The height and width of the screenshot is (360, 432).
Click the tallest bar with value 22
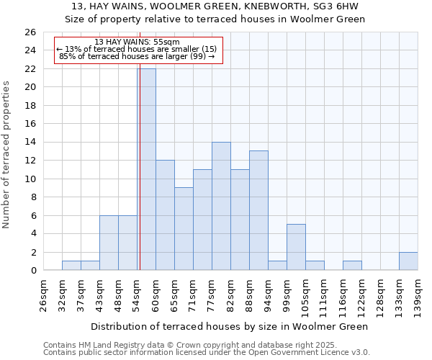[x=147, y=169]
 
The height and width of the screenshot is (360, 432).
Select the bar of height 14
[x=221, y=206]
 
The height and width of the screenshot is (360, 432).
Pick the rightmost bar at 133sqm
[x=408, y=261]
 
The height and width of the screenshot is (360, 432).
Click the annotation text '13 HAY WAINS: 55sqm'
[x=137, y=42]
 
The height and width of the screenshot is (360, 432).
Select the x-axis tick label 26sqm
[x=43, y=295]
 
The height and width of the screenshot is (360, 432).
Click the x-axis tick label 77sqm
[x=212, y=295]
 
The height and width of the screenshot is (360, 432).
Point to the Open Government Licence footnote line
[x=207, y=353]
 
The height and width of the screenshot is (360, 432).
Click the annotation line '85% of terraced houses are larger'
[x=137, y=56]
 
